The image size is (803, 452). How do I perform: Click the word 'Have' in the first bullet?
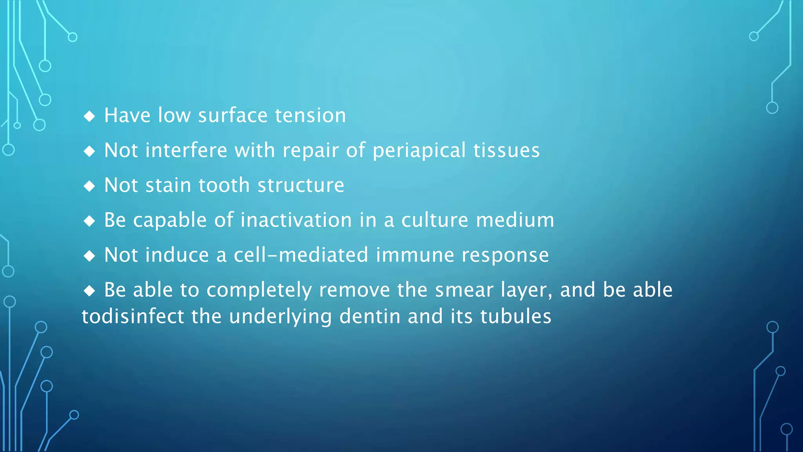click(x=127, y=115)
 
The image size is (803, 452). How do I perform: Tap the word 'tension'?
click(x=311, y=115)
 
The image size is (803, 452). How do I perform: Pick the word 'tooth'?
click(x=224, y=185)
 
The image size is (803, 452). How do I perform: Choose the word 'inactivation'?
click(x=296, y=220)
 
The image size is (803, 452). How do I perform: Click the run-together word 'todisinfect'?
click(x=133, y=316)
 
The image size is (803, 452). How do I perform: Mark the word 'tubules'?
click(x=516, y=316)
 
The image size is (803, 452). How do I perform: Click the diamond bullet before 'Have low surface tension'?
click(x=89, y=116)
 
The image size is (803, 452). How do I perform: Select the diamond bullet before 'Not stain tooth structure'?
click(x=89, y=186)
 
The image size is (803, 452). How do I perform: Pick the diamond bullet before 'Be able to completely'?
click(x=89, y=291)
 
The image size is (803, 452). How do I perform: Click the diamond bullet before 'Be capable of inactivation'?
click(x=89, y=221)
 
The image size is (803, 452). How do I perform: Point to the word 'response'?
click(x=505, y=256)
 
